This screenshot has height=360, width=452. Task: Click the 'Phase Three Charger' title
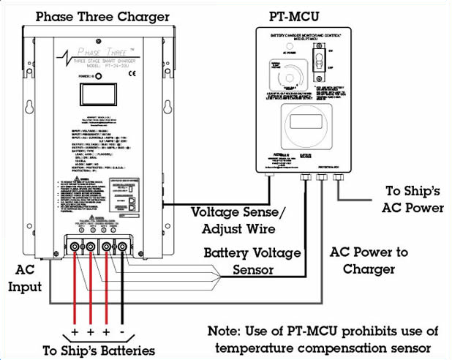pos(102,16)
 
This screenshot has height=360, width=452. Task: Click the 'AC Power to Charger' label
pos(369,260)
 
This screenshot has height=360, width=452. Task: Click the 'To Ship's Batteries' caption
pos(99,350)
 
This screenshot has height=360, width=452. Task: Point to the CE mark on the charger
pos(121,75)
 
